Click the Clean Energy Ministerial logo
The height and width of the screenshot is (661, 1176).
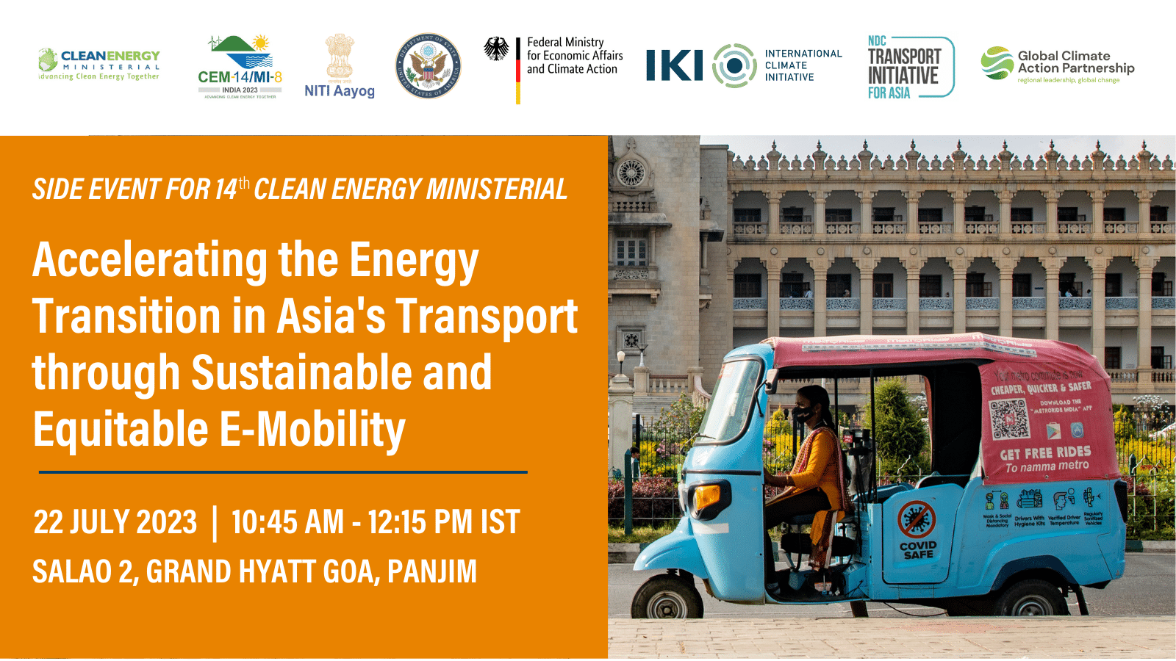click(x=99, y=65)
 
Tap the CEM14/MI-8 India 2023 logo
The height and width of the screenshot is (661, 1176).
click(x=240, y=67)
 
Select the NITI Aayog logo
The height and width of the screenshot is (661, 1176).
click(x=340, y=66)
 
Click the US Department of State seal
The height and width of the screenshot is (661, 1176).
click(x=428, y=66)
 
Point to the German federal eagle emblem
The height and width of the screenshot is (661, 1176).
click(x=497, y=49)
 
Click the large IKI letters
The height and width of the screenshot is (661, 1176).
click(x=674, y=65)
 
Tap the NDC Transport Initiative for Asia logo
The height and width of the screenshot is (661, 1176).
click(x=910, y=68)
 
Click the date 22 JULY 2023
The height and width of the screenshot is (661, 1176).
click(x=115, y=522)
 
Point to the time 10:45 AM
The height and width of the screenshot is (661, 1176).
click(x=287, y=522)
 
